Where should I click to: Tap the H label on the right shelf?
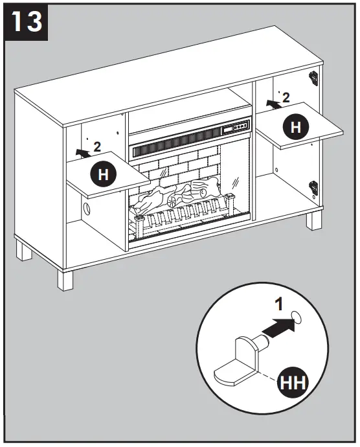coord(296,128)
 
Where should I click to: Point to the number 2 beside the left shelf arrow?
coord(96,146)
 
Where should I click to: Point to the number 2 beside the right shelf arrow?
coord(286,98)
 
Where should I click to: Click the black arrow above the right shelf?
coord(272,104)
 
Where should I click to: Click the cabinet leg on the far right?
coord(315,220)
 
